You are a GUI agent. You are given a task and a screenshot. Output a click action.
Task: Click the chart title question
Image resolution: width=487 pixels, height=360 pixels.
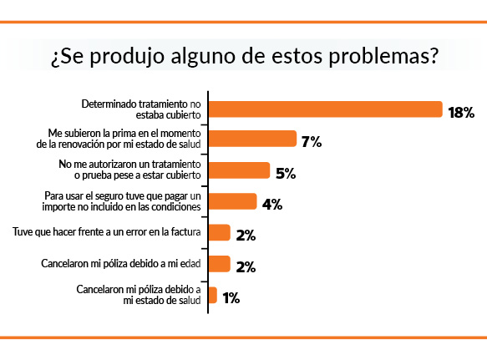243,58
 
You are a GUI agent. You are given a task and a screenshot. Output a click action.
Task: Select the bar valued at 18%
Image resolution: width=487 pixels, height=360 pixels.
325,109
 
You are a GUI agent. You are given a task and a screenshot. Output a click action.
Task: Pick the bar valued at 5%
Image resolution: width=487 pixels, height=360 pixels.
239,170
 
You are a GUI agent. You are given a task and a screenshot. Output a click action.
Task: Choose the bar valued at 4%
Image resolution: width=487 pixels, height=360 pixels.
232,201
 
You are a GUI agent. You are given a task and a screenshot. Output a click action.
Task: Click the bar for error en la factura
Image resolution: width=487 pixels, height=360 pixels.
219,232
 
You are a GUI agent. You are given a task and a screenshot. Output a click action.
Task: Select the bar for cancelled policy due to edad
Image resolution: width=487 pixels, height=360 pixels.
219,264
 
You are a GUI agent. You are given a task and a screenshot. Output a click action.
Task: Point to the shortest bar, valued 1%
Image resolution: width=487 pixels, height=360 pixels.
213,295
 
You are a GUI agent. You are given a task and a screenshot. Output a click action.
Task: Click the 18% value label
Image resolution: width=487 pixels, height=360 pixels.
461,112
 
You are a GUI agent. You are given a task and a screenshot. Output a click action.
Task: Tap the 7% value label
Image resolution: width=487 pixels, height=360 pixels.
312,142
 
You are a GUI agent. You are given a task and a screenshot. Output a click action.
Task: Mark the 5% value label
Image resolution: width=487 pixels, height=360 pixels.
287,173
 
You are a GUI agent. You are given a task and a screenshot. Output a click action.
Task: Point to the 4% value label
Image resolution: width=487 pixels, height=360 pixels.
271,204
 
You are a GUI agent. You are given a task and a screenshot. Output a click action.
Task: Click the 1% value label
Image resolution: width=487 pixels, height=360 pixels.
231,297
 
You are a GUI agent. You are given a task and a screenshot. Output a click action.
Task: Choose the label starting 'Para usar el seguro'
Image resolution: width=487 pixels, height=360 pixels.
122,201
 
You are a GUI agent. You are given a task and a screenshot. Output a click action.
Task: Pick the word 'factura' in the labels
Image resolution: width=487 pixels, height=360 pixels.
183,232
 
